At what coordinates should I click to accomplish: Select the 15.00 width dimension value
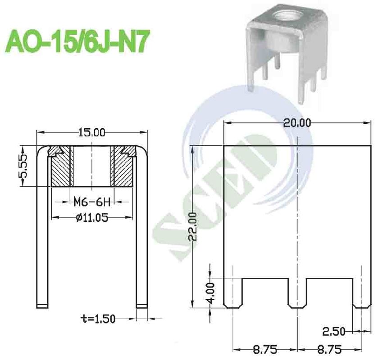point(92,132)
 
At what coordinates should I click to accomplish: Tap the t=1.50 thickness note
point(97,319)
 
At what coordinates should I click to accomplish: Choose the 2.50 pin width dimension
point(333,332)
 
